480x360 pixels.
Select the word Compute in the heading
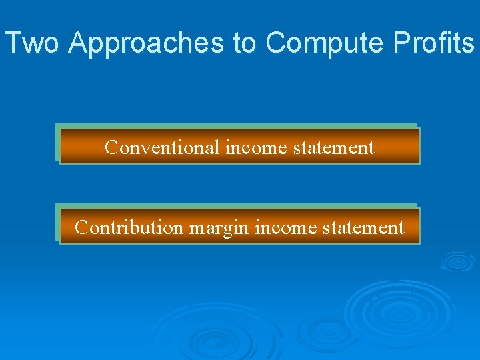point(325,43)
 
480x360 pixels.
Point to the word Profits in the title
point(434,43)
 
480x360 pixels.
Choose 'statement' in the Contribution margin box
point(363,227)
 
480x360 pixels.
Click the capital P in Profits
point(403,43)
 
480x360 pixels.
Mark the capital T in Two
point(13,43)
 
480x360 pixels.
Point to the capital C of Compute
point(275,43)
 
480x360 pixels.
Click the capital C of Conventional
point(111,147)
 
